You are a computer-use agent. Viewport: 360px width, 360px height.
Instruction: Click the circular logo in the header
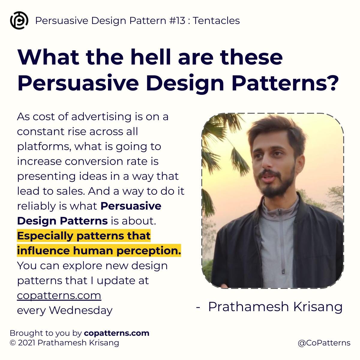(19, 20)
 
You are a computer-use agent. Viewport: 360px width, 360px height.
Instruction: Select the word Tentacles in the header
(216, 21)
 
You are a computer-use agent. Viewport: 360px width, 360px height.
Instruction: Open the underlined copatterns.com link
(59, 295)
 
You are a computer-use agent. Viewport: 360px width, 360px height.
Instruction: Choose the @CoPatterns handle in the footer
(324, 343)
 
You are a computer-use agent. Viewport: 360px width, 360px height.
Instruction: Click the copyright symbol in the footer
(13, 343)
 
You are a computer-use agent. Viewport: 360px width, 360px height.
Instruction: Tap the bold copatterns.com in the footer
(117, 333)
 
